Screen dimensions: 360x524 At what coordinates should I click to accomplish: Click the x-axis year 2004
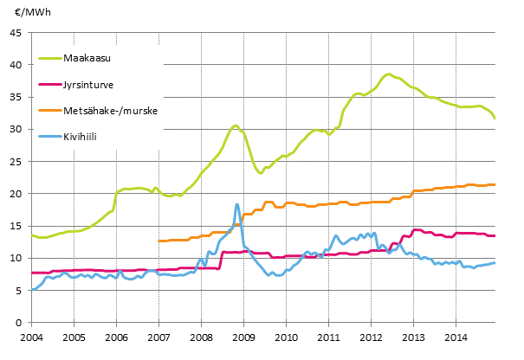pyautogui.click(x=31, y=337)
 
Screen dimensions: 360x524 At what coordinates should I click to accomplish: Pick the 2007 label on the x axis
pyautogui.click(x=158, y=337)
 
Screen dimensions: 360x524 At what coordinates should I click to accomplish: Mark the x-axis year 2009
pyautogui.click(x=243, y=337)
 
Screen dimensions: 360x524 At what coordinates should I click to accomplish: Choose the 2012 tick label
pyautogui.click(x=371, y=337)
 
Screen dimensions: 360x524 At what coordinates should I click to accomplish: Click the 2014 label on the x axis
pyautogui.click(x=456, y=337)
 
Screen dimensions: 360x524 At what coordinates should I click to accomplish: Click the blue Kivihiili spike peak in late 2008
pyautogui.click(x=236, y=204)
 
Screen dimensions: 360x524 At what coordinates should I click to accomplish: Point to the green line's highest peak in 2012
pyautogui.click(x=389, y=74)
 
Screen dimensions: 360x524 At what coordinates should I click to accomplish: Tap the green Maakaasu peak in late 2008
pyautogui.click(x=236, y=125)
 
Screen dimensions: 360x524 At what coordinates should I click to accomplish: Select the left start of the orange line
pyautogui.click(x=158, y=241)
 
